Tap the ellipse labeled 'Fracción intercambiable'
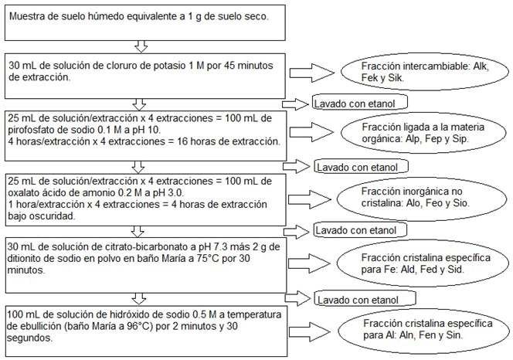425,72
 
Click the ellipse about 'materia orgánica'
423,133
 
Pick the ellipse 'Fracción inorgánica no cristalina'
422,199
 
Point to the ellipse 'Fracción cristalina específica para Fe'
423,263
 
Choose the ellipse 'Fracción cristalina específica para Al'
423,331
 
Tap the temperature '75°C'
208,259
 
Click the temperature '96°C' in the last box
141,326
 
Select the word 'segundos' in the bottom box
29,338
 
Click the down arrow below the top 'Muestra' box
141,46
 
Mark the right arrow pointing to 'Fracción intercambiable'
311,73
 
